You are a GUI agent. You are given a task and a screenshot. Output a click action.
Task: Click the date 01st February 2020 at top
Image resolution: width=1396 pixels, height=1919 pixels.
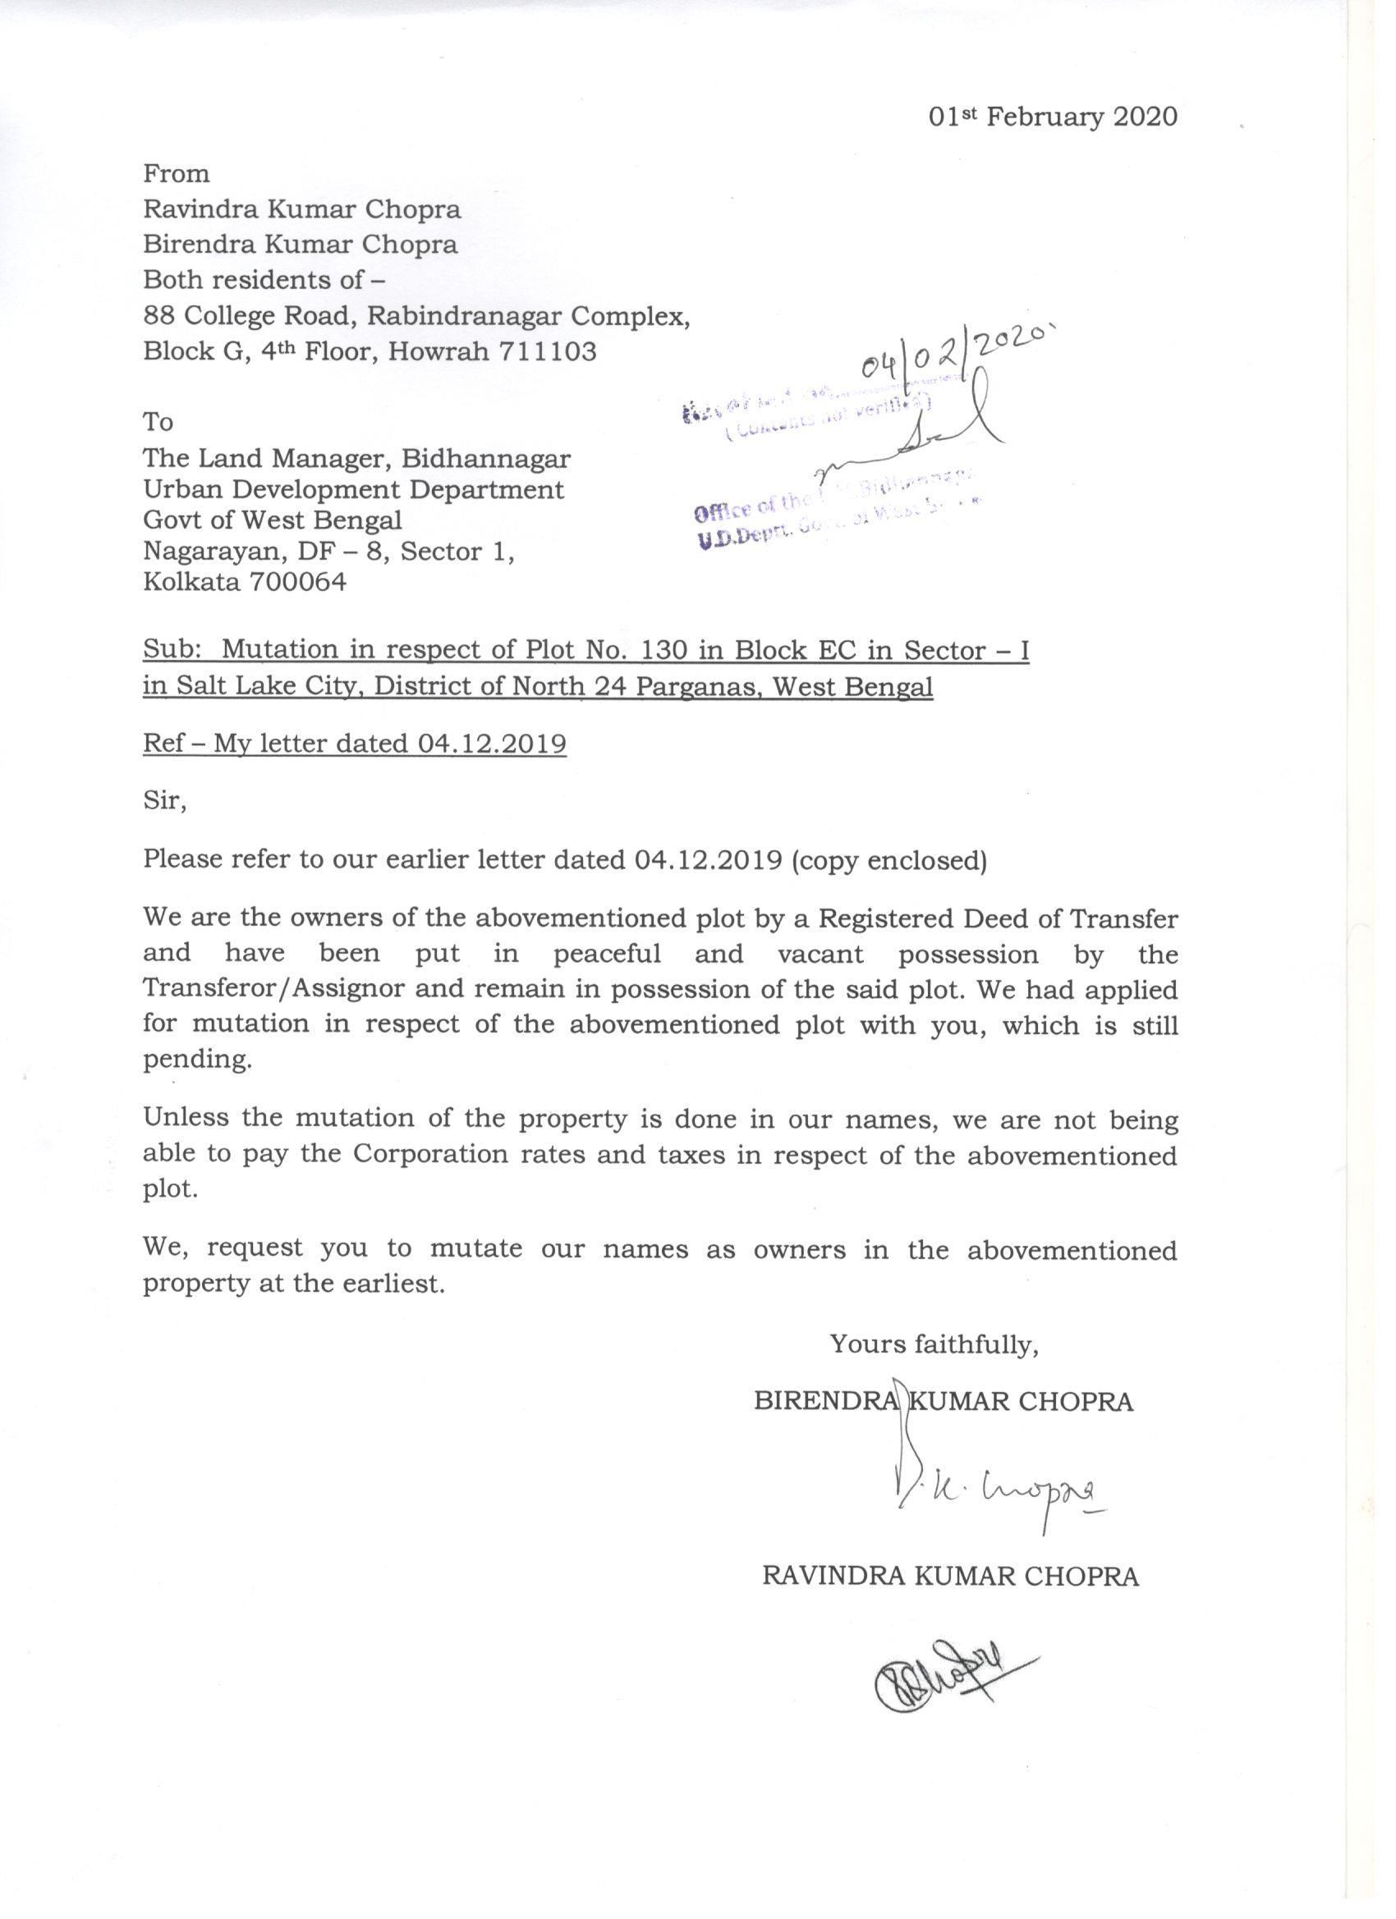[1052, 117]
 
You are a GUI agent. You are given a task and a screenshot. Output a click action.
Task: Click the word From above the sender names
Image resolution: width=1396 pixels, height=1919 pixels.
[176, 173]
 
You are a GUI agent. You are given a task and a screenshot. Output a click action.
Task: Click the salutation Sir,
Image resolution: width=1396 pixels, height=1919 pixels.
[164, 799]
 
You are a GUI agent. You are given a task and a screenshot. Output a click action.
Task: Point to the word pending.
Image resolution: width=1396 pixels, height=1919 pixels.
[197, 1060]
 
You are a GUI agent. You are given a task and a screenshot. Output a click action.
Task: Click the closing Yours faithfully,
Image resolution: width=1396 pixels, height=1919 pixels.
[934, 1344]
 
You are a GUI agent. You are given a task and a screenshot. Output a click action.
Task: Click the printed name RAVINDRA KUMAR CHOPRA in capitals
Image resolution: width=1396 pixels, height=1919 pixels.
[950, 1576]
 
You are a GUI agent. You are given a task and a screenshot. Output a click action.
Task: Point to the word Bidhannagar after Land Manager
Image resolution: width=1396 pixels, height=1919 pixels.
[485, 458]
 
